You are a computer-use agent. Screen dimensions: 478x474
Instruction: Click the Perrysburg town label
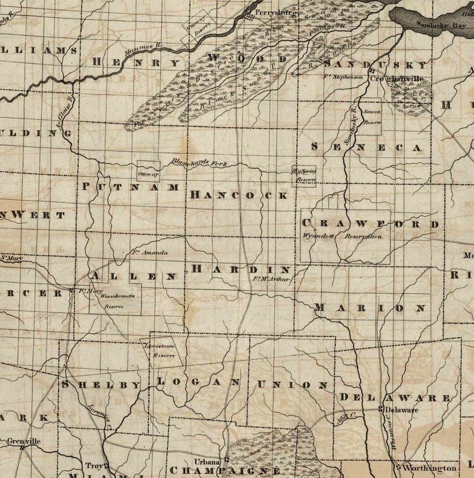(275, 12)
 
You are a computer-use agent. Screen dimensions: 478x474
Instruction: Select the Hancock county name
(239, 195)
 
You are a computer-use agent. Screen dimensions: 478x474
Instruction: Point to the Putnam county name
(130, 187)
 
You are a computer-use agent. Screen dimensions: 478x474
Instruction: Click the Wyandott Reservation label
(343, 236)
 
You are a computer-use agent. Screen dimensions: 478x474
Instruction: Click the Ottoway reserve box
(148, 171)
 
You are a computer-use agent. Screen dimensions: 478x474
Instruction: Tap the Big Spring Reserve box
(304, 175)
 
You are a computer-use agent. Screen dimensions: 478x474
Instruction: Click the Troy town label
(92, 465)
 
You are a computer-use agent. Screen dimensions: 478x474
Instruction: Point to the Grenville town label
(24, 441)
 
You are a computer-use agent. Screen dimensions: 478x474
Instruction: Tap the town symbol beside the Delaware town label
(380, 409)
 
